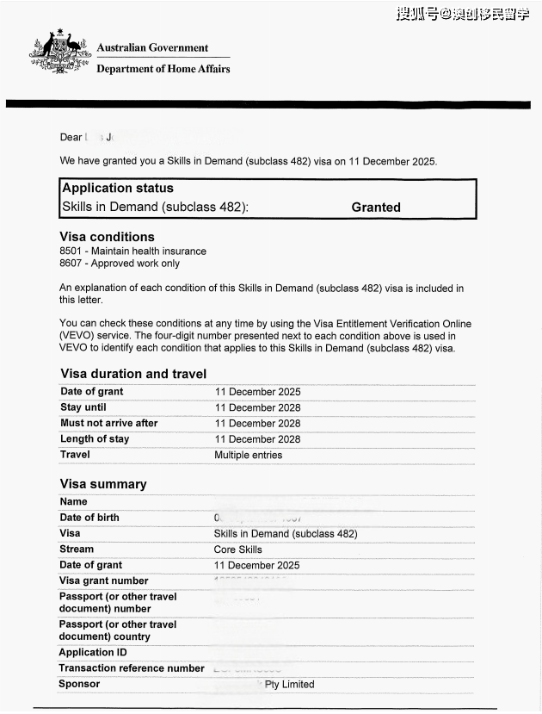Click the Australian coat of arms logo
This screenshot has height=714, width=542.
point(59,55)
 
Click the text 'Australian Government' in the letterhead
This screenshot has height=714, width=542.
point(152,48)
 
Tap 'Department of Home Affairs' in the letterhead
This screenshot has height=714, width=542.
point(163,69)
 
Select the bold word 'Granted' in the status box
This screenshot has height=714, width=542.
point(376,208)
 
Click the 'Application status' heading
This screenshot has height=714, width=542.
point(118,188)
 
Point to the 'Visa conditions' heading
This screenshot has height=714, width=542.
point(107,237)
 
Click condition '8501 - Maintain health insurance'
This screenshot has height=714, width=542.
point(132,251)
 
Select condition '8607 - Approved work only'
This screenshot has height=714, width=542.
point(120,264)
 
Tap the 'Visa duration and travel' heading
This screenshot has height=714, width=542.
point(133,374)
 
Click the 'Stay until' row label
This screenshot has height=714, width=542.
point(83,407)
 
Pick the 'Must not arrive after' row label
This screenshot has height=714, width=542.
point(109,423)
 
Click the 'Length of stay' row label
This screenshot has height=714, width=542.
point(95,439)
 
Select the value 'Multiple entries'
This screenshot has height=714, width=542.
point(248,455)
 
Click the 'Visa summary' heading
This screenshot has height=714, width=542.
point(103,484)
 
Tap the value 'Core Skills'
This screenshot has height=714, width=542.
point(237,549)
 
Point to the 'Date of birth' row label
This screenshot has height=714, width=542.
point(89,518)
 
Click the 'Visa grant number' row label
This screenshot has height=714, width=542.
point(103,581)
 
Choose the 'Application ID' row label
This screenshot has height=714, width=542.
point(92,652)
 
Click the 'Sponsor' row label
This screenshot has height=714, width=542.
point(79,684)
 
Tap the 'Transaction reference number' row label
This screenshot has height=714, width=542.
point(132,668)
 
